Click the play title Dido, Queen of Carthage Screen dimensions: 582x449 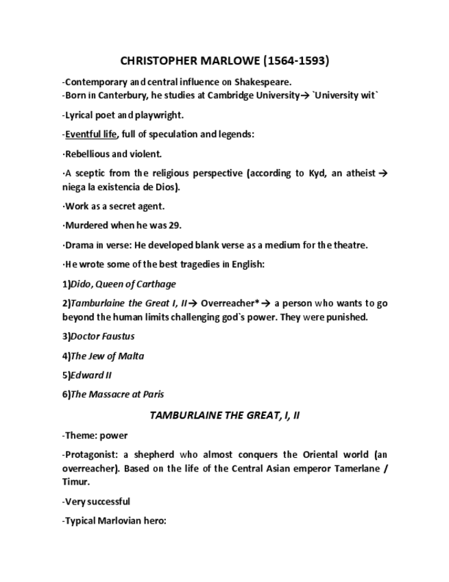[123, 284]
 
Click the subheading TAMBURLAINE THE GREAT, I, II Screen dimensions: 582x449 [224, 416]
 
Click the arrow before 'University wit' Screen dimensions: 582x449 [305, 95]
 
